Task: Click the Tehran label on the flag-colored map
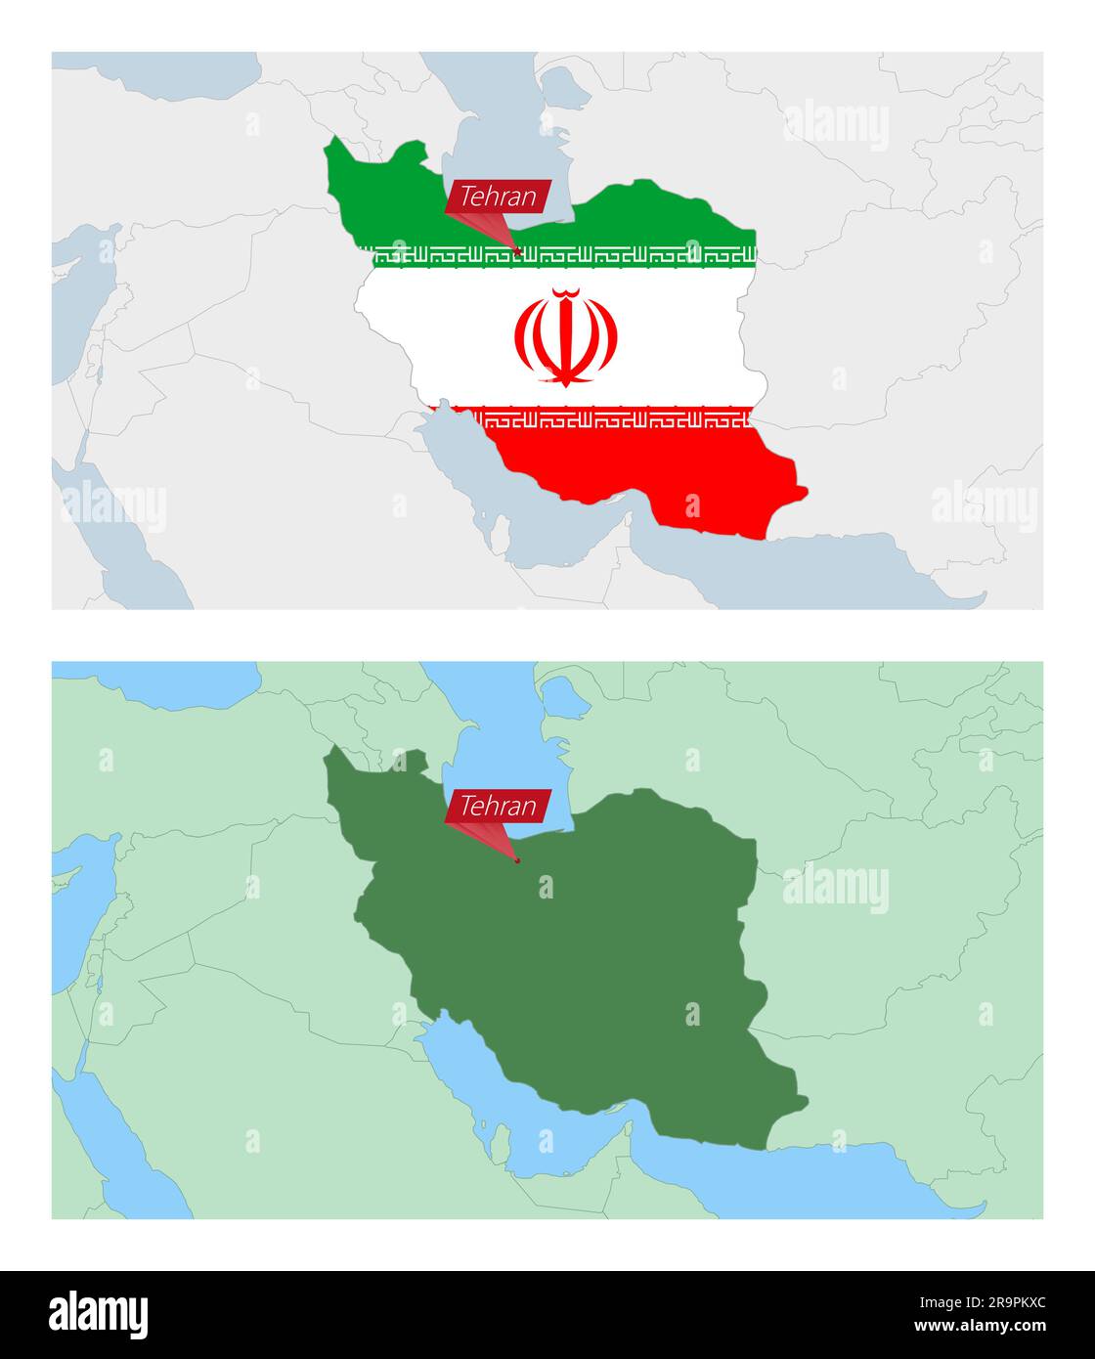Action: point(498,197)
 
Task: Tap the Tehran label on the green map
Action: point(498,807)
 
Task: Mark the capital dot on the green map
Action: point(518,861)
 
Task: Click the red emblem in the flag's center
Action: point(565,336)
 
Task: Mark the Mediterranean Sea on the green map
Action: point(73,880)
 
